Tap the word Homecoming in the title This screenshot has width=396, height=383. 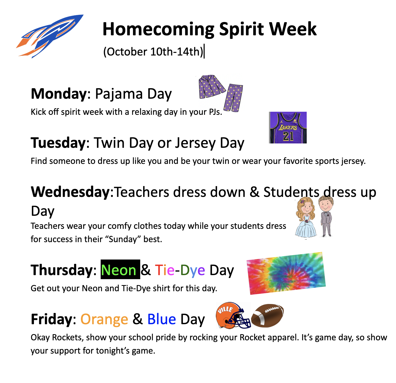[158, 29]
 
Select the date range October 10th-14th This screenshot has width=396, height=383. [153, 52]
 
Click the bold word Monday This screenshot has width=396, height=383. [59, 94]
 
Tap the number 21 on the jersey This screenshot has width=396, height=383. [288, 136]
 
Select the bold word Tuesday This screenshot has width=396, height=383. [58, 143]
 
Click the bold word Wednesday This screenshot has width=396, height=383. [70, 192]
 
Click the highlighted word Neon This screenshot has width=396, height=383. [119, 270]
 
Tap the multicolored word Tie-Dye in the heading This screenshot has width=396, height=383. [180, 270]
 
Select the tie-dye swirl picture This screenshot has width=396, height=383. [286, 273]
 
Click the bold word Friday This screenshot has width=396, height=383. [52, 319]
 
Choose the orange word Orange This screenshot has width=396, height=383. [104, 319]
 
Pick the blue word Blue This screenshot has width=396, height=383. [162, 319]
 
